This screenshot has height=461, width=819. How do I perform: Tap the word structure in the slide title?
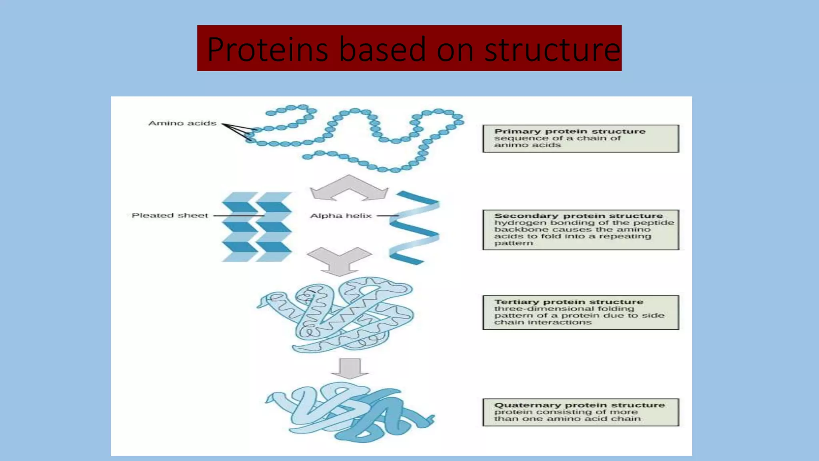(552, 49)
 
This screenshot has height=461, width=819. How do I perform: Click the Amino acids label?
(182, 123)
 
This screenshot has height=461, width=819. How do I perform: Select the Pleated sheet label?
(170, 215)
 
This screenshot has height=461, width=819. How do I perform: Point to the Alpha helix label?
(341, 216)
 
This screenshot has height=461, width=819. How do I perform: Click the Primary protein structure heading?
(569, 131)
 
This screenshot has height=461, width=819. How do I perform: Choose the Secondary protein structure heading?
(578, 216)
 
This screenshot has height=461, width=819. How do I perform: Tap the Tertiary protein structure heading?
(568, 302)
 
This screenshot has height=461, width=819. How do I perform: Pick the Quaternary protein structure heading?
(579, 405)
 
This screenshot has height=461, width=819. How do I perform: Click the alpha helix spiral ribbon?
(414, 228)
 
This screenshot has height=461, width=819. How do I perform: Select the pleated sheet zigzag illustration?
(257, 227)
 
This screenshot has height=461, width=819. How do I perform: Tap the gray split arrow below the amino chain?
(349, 188)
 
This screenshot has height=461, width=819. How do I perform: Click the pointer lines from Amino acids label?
(237, 130)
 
